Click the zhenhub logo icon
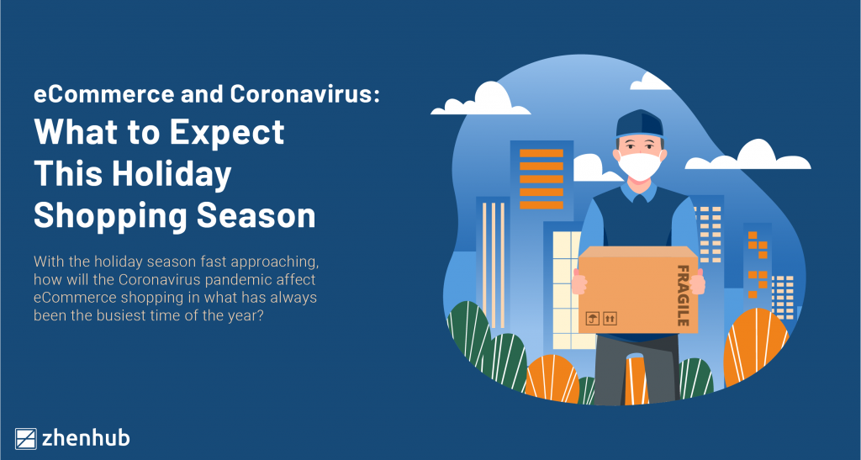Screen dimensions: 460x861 (x=27, y=438)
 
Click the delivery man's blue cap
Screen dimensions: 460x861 (x=640, y=124)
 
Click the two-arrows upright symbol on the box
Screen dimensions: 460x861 (x=610, y=318)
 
